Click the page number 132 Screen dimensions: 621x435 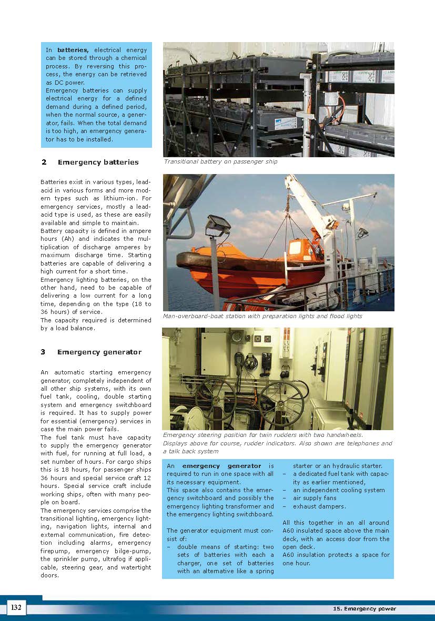16,608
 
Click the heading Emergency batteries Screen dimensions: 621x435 98,162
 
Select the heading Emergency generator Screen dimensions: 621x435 99,352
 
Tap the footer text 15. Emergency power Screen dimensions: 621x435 364,609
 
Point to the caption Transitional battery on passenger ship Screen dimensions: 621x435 220,162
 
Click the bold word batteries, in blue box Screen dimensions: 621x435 73,49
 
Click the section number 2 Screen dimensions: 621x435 43,162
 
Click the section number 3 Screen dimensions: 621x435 43,352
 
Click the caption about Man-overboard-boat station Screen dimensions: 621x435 262,317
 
